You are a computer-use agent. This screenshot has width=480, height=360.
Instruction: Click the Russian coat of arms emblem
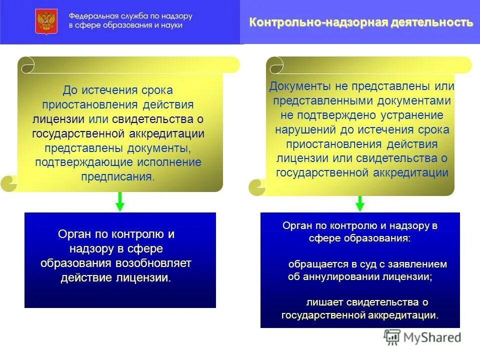point(46,21)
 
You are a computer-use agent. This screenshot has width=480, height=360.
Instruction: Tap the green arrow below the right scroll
point(359,203)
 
